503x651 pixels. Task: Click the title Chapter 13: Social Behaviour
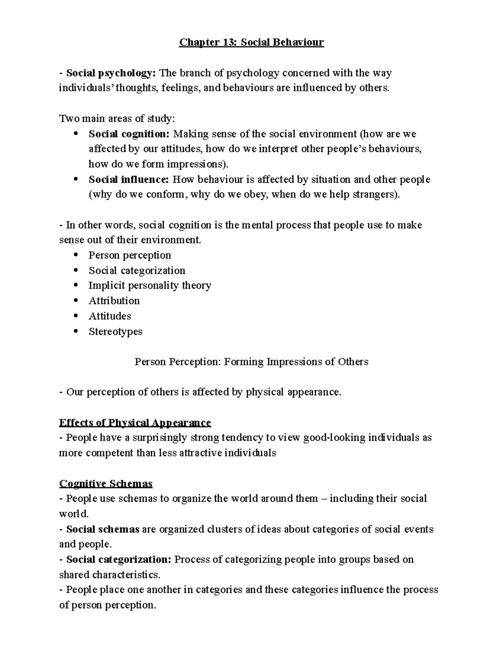(x=251, y=43)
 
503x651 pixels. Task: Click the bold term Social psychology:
(x=111, y=73)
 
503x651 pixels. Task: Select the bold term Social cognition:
(x=129, y=134)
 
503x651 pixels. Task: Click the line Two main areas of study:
(x=117, y=119)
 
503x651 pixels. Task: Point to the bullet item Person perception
(x=130, y=255)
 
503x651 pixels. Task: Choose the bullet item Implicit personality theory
(x=150, y=285)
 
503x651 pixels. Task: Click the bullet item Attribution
(x=114, y=301)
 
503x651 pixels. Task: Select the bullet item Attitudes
(x=110, y=316)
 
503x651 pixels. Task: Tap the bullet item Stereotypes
(x=115, y=332)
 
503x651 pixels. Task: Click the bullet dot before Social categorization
(x=75, y=270)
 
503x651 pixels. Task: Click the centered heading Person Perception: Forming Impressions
(x=251, y=362)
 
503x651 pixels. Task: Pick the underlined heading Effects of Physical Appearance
(x=135, y=422)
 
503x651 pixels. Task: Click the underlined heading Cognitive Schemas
(x=106, y=484)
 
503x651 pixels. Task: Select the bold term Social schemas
(x=103, y=529)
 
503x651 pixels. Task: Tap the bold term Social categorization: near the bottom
(x=119, y=560)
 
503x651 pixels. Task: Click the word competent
(x=111, y=453)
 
